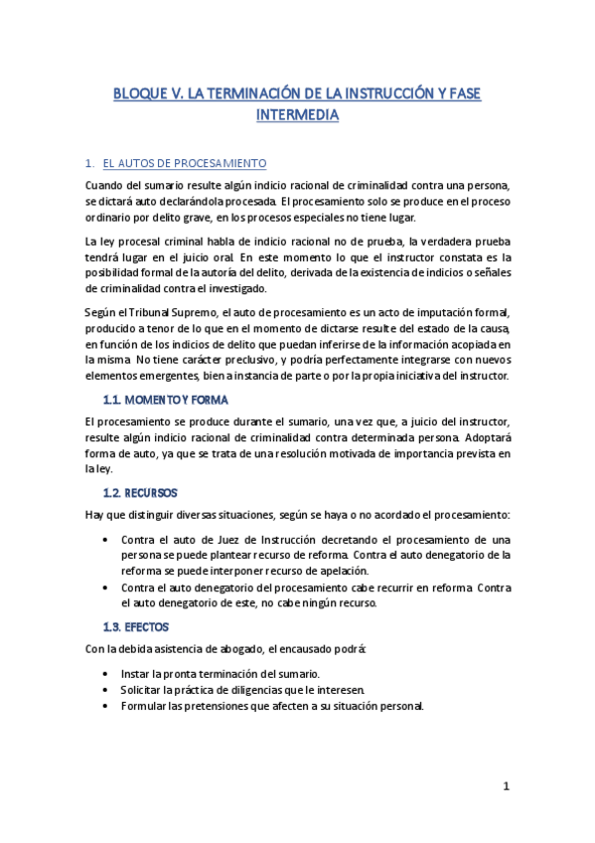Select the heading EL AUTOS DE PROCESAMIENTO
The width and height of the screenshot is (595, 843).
(185, 163)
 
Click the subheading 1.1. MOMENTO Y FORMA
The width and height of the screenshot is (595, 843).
(166, 401)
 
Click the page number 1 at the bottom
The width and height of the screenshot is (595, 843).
(506, 786)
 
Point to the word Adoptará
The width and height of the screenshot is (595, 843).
(465, 436)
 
